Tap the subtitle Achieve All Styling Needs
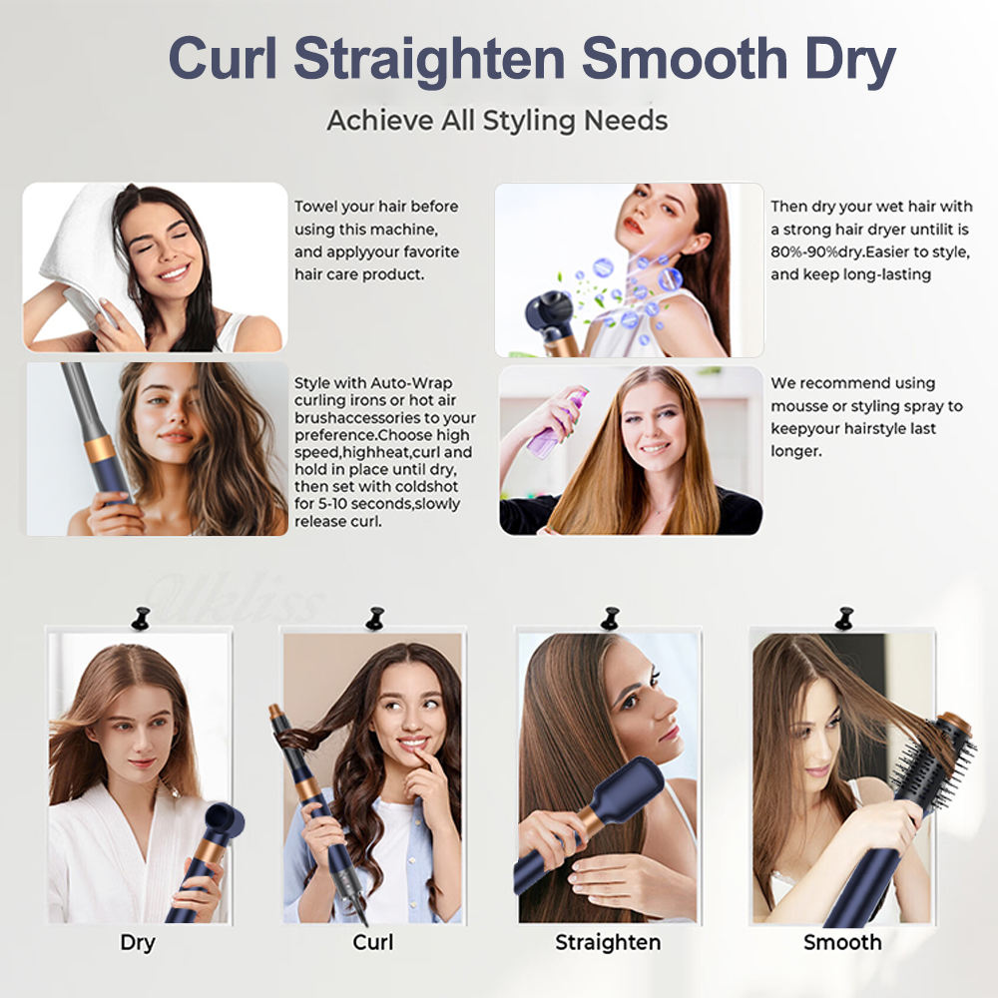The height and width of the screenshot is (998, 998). tap(497, 121)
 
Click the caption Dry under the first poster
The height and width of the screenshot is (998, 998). tap(138, 942)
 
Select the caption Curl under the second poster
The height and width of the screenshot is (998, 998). tap(372, 942)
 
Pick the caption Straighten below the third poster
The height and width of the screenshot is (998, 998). tap(607, 942)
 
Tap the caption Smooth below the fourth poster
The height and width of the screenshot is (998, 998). tap(842, 942)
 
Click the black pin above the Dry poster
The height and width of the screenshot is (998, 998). tap(140, 618)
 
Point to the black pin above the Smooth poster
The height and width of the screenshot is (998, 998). tap(844, 618)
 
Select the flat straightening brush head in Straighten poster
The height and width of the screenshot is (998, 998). tap(629, 788)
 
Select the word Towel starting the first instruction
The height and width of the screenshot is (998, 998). tap(314, 207)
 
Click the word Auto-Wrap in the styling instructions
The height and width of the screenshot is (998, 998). tap(405, 383)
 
